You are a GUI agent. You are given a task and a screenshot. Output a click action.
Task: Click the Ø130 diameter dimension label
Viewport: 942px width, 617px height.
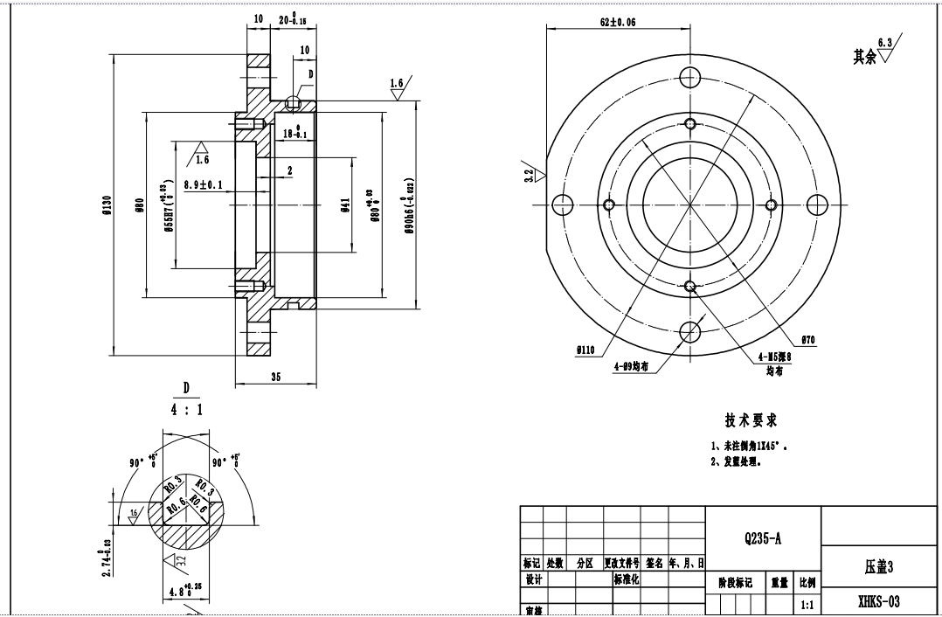(107, 205)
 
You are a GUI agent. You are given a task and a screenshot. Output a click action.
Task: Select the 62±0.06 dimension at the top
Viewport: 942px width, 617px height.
(618, 22)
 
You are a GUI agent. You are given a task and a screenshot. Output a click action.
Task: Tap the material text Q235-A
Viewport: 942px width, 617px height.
(763, 539)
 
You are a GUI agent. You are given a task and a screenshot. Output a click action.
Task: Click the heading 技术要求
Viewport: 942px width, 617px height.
(751, 421)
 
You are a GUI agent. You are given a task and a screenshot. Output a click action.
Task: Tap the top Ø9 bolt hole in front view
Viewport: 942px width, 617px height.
(690, 76)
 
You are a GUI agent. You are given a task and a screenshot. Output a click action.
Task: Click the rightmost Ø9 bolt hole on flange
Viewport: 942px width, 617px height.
(816, 205)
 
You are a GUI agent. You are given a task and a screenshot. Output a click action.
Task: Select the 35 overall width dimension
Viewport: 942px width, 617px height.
(275, 378)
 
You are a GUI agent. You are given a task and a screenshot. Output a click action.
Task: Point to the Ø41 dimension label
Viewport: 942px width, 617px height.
(345, 205)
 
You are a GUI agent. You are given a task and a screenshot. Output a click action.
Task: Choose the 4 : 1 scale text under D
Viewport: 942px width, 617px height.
(185, 409)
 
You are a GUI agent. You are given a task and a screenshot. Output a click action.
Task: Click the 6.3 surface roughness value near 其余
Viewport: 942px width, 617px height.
(884, 42)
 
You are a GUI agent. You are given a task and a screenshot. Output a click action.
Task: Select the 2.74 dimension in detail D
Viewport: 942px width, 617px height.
(107, 557)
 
